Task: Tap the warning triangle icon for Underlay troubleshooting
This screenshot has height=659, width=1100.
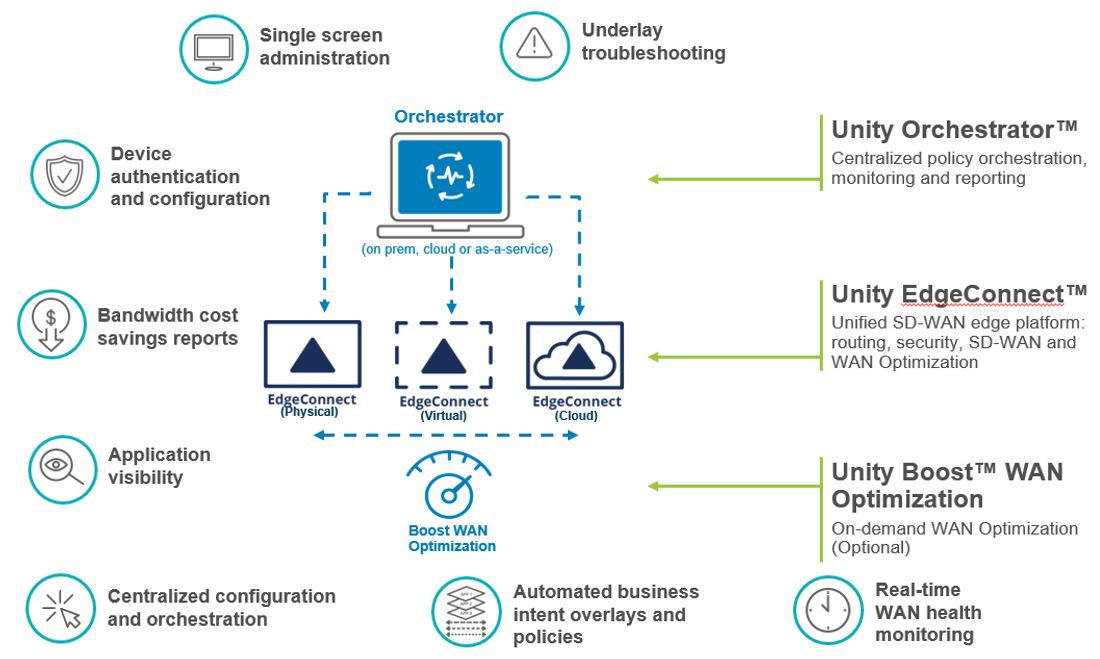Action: click(534, 45)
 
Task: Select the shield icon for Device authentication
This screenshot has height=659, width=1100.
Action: click(65, 175)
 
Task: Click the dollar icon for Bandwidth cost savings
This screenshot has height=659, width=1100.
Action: click(52, 324)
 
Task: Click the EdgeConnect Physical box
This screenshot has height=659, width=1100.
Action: click(312, 356)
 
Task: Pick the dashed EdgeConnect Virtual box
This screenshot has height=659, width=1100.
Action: click(444, 357)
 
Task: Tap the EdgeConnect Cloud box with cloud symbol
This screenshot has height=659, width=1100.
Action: click(575, 357)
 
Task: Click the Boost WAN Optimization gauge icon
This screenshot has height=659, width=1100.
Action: click(451, 486)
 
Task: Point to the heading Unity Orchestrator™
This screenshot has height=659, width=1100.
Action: click(954, 130)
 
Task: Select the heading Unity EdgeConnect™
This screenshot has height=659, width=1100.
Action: click(958, 294)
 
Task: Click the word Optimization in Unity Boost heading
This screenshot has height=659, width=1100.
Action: click(907, 499)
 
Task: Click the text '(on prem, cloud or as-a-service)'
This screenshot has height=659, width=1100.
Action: click(456, 249)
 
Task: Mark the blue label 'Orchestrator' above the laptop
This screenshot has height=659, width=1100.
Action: click(448, 117)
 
